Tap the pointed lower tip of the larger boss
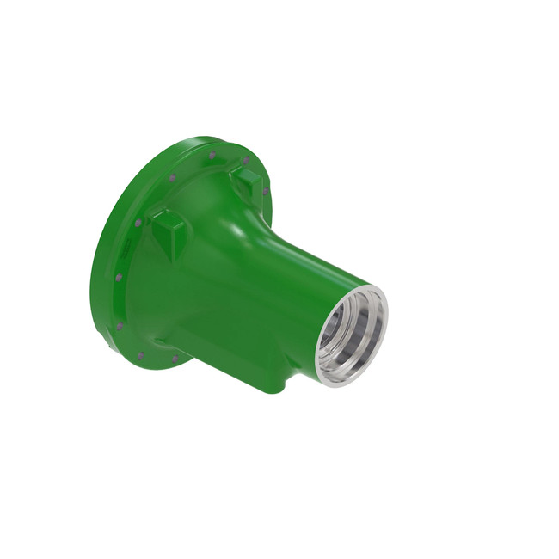point(172,258)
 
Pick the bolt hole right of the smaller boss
point(266,191)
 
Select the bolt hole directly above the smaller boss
point(245,161)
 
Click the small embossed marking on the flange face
point(126,249)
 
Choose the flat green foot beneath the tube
point(267,378)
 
